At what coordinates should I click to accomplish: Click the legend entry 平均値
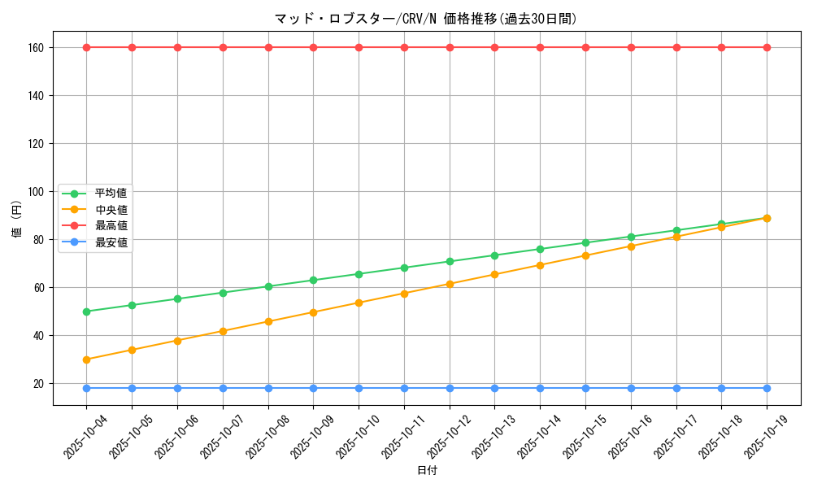pyautogui.click(x=111, y=194)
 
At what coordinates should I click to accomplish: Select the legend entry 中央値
pyautogui.click(x=111, y=210)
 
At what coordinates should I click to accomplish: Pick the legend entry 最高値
pyautogui.click(x=111, y=225)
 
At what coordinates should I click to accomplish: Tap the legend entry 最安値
pyautogui.click(x=111, y=242)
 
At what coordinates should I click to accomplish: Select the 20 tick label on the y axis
pyautogui.click(x=37, y=384)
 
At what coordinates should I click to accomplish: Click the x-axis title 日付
pyautogui.click(x=427, y=471)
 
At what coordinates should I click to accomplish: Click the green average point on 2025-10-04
pyautogui.click(x=87, y=312)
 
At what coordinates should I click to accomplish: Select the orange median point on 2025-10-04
pyautogui.click(x=87, y=359)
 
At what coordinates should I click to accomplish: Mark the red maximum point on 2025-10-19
pyautogui.click(x=767, y=47)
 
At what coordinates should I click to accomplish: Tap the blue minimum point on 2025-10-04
pyautogui.click(x=87, y=388)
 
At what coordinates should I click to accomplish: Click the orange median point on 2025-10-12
pyautogui.click(x=450, y=284)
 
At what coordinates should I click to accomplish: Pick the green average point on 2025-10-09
pyautogui.click(x=314, y=280)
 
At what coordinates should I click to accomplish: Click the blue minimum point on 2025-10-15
pyautogui.click(x=585, y=388)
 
